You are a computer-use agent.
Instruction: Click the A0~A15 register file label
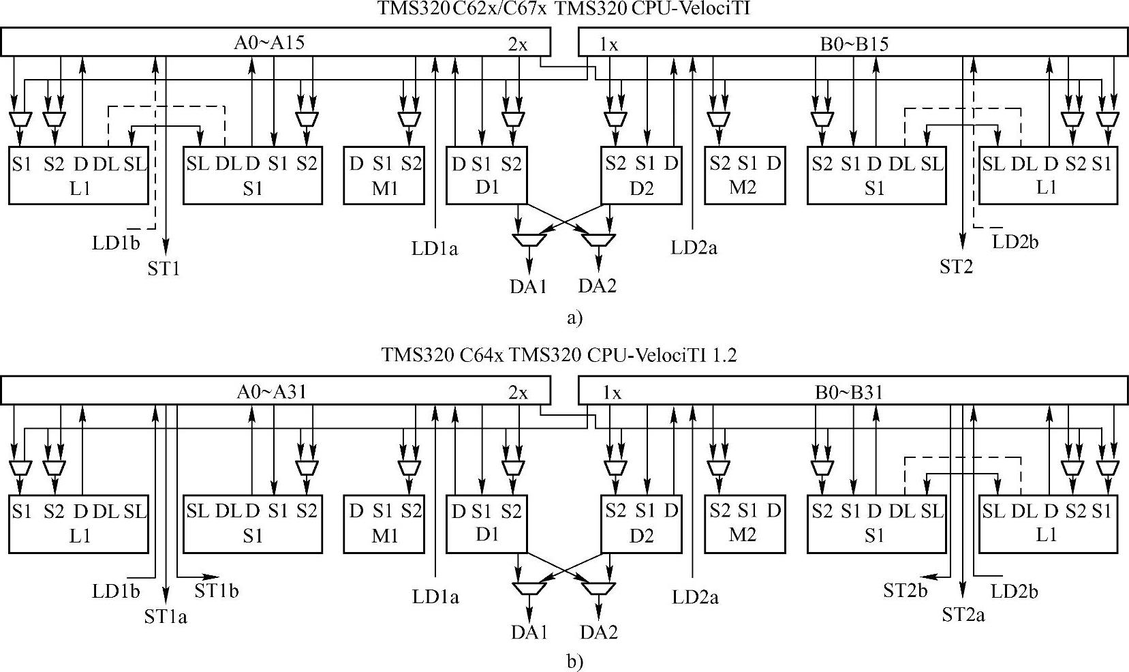tap(269, 42)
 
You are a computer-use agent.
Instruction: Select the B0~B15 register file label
tap(854, 44)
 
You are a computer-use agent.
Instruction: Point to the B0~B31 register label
tap(850, 393)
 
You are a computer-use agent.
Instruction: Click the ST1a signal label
tap(166, 617)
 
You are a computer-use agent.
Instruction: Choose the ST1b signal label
tap(217, 590)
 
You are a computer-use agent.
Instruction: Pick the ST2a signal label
tap(963, 615)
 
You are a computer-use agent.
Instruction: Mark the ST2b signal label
tap(905, 591)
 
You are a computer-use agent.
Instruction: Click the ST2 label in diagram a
tap(956, 267)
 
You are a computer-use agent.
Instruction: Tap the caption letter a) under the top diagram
tap(574, 317)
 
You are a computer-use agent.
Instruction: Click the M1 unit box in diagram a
tap(385, 175)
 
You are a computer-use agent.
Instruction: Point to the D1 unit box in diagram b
tap(486, 522)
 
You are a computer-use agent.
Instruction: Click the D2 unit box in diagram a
tap(641, 175)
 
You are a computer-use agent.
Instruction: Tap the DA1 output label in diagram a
tap(529, 286)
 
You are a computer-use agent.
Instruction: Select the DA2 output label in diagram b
tap(599, 632)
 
